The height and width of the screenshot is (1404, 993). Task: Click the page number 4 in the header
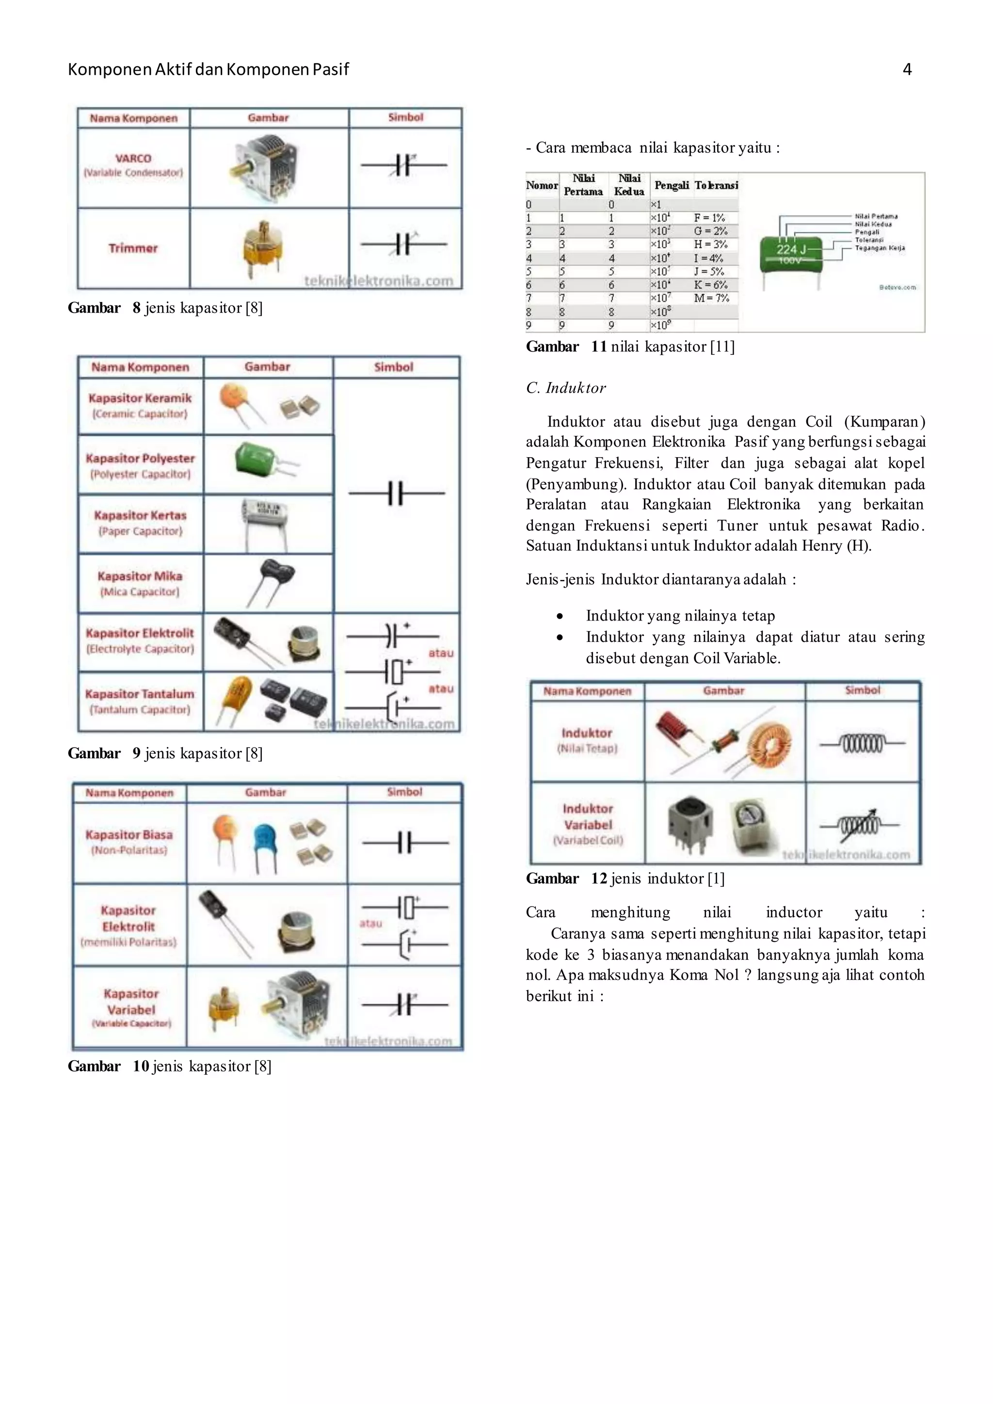[907, 70]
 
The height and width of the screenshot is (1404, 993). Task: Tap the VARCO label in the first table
[133, 159]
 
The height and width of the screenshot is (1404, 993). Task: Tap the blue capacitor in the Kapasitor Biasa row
[265, 840]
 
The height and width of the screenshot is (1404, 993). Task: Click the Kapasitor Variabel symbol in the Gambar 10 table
[404, 1005]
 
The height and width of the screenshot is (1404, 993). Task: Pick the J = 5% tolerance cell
[709, 271]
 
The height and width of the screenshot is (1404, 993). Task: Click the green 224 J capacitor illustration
[791, 252]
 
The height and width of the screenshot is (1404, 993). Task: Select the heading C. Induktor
[566, 388]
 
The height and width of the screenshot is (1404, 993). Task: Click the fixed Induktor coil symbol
[862, 744]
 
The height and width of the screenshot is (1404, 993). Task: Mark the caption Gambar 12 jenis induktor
[625, 879]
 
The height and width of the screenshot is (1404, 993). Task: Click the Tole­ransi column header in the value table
[716, 185]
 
